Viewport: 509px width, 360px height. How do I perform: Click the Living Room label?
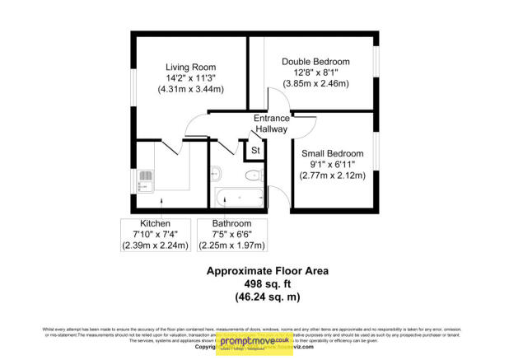[x=190, y=67]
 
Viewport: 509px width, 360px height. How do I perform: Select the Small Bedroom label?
[x=333, y=154]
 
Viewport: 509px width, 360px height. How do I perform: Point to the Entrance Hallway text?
[x=270, y=123]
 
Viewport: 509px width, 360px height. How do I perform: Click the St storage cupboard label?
[x=255, y=151]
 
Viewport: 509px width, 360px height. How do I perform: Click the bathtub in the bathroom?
[x=239, y=198]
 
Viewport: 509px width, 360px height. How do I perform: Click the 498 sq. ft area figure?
[x=254, y=283]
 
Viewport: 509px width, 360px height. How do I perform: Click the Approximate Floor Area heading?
[x=254, y=270]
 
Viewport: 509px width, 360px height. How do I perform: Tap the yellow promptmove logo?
[x=254, y=342]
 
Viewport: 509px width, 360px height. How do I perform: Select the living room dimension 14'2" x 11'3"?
[x=190, y=78]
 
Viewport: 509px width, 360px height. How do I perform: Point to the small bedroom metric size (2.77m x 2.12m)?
[x=333, y=175]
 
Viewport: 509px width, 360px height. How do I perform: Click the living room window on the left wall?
[x=131, y=83]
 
